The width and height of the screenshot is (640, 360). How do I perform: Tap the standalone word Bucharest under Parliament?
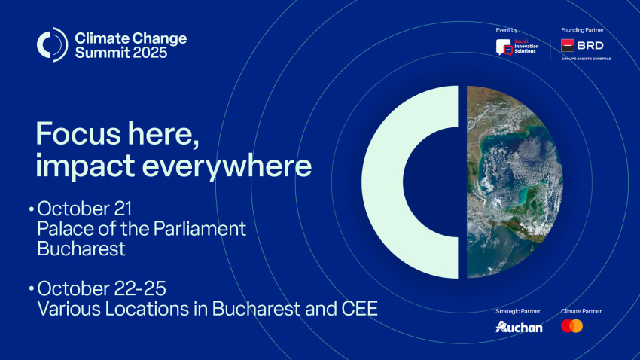tap(81, 249)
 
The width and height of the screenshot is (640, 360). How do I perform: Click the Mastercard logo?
tap(571, 326)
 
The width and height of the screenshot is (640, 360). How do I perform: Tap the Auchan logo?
tap(519, 327)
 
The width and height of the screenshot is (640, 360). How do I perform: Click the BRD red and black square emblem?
tap(568, 46)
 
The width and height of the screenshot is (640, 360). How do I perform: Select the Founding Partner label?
tap(582, 30)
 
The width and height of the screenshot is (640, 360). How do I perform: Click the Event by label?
tap(507, 30)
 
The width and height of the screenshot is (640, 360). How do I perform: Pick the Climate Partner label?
tap(581, 311)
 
